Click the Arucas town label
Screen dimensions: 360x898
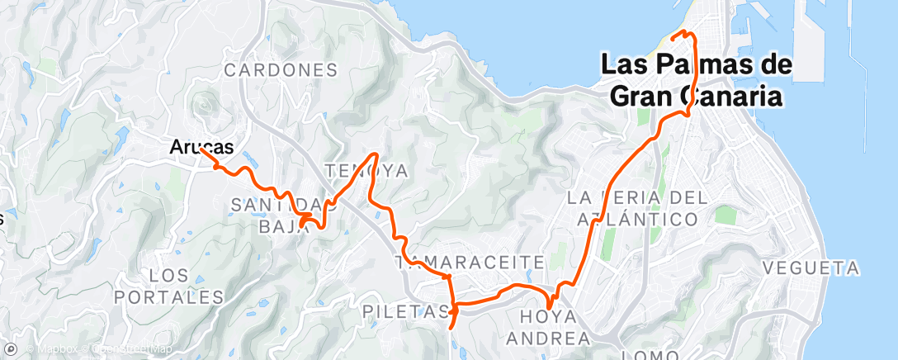click(x=201, y=147)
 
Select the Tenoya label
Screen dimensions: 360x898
click(x=367, y=171)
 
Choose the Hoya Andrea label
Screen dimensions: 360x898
click(x=548, y=327)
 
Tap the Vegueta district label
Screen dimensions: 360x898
click(x=811, y=268)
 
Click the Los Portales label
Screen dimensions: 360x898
click(x=170, y=285)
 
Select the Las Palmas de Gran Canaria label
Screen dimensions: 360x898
click(x=697, y=80)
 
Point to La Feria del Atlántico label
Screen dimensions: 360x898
click(x=637, y=208)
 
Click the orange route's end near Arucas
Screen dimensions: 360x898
click(x=201, y=149)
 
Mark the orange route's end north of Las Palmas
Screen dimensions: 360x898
click(x=675, y=37)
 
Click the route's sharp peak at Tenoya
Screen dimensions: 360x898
click(x=377, y=154)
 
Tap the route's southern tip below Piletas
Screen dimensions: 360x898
click(x=451, y=328)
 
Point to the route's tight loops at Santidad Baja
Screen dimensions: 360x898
click(x=309, y=218)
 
